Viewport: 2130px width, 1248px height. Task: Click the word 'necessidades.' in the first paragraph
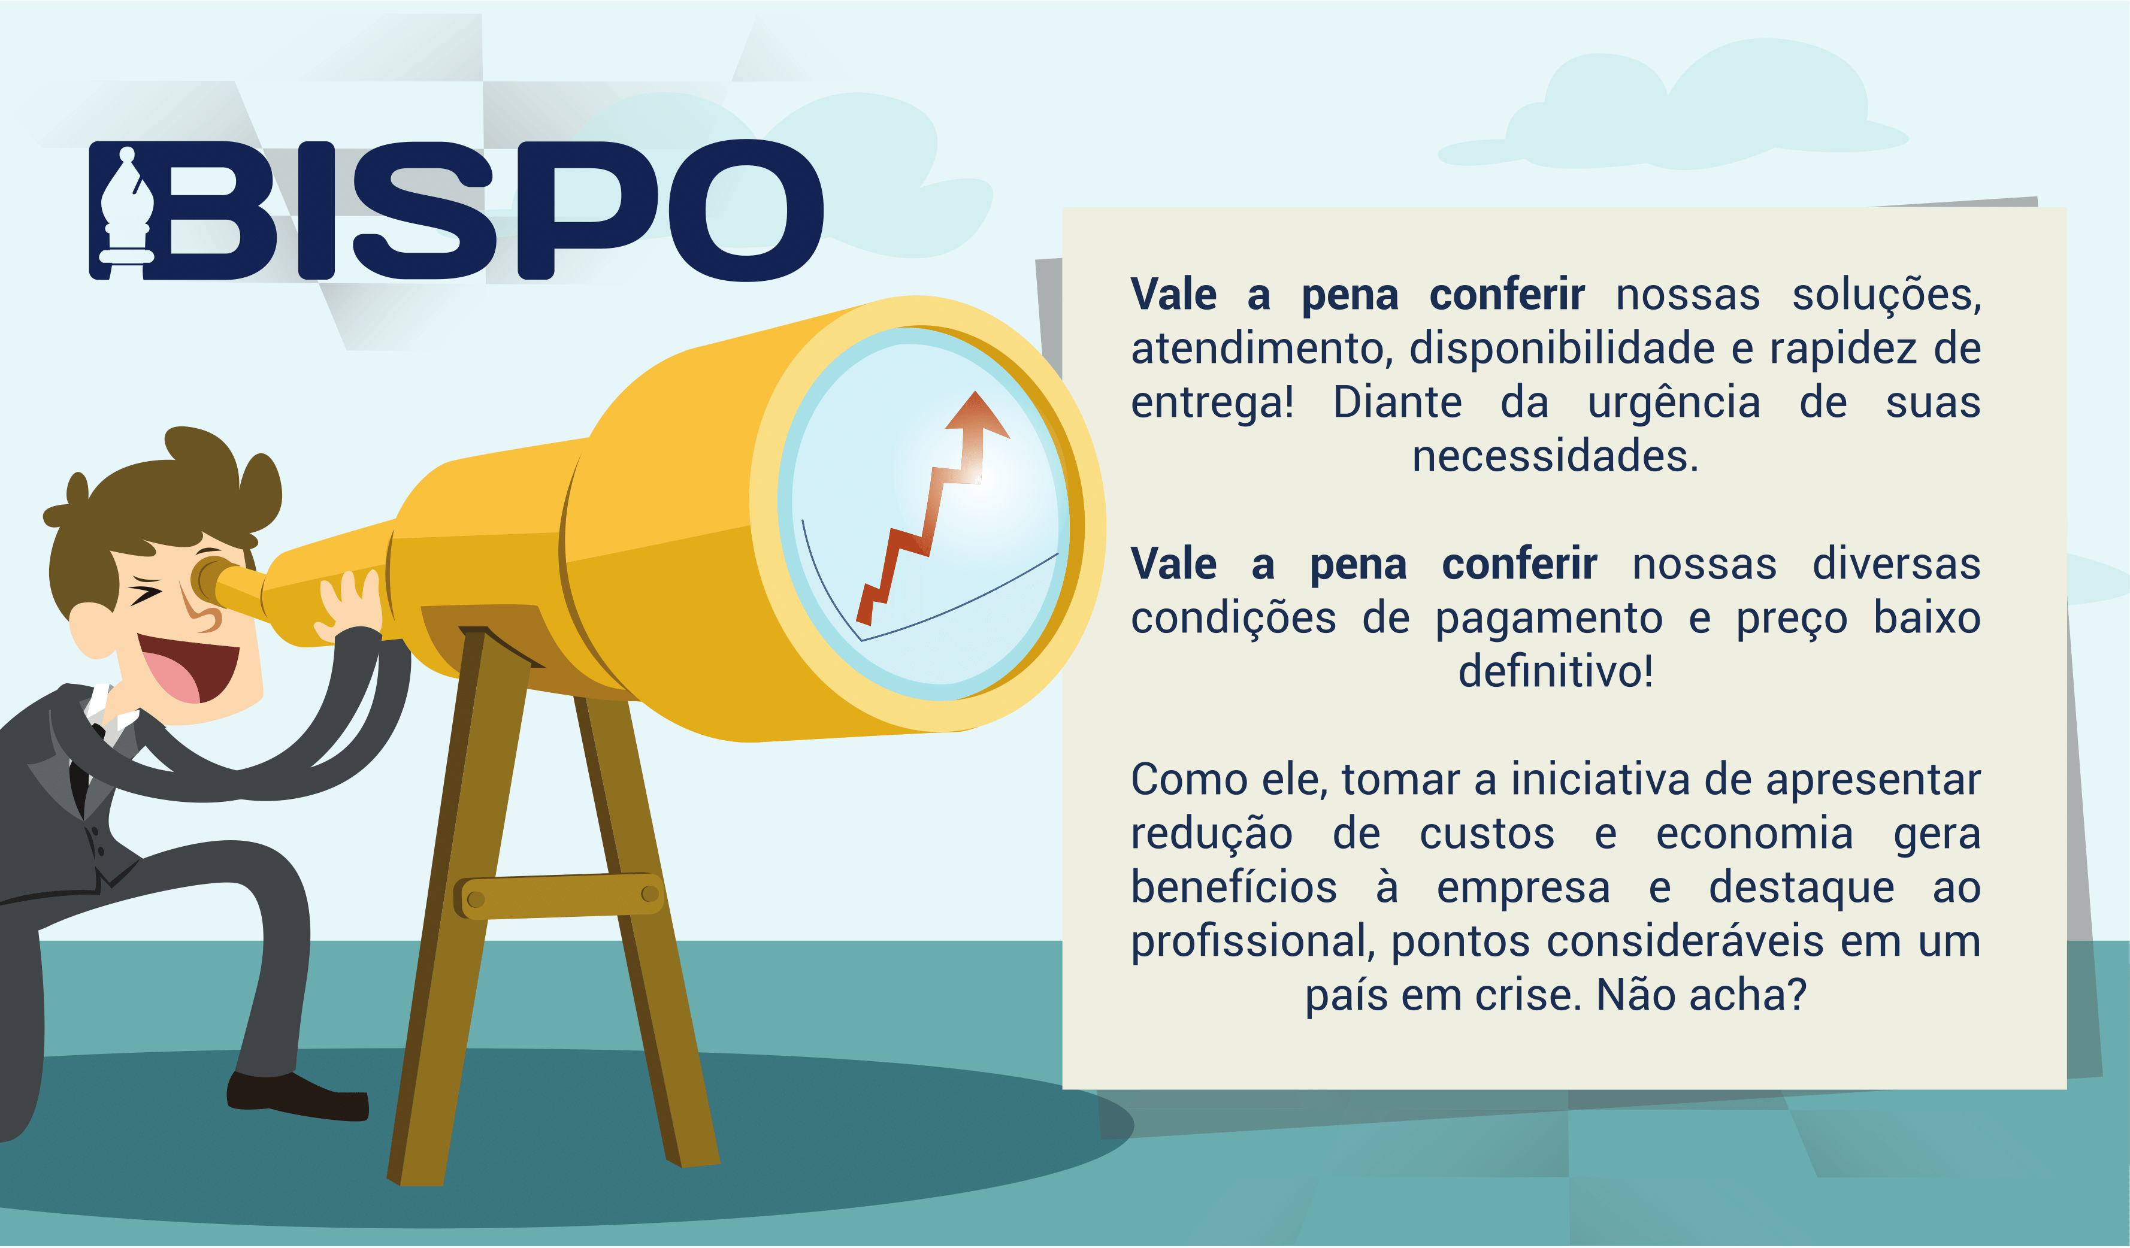click(1555, 457)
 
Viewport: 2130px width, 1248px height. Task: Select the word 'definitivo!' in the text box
click(1555, 673)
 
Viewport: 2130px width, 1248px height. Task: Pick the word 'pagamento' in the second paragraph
click(1548, 619)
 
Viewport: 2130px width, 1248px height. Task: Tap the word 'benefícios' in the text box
click(1234, 887)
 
